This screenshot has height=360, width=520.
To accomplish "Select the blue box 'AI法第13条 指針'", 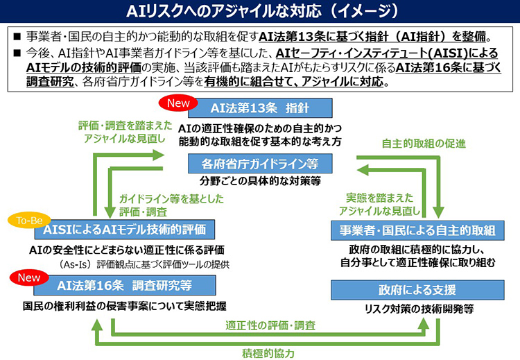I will pyautogui.click(x=258, y=108).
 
